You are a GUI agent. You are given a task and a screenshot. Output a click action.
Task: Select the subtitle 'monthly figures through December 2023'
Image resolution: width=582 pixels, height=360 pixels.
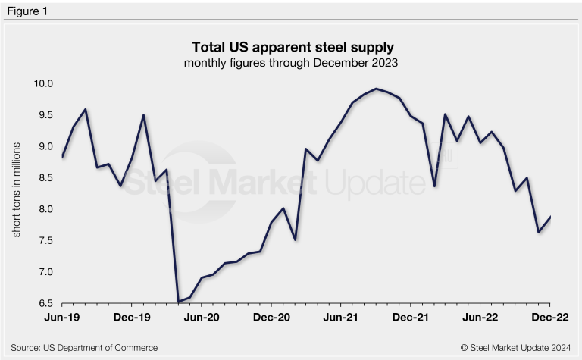291,63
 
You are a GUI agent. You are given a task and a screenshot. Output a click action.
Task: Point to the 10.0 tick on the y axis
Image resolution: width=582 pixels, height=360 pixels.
42,83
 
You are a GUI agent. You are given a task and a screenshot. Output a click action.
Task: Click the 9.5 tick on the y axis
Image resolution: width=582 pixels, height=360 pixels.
43,115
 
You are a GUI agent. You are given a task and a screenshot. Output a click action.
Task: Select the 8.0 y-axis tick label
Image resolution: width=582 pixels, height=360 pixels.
43,209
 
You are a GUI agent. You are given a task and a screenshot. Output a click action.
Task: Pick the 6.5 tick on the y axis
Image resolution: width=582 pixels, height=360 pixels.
43,303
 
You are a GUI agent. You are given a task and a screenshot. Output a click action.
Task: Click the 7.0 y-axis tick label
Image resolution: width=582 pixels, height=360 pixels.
43,272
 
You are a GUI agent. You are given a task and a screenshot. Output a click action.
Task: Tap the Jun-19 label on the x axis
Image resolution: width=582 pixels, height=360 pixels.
63,318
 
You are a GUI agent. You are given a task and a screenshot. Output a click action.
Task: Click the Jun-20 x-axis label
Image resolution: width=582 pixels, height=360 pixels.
202,318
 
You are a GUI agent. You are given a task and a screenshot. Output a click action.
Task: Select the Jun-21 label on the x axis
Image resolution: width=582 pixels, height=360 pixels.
342,318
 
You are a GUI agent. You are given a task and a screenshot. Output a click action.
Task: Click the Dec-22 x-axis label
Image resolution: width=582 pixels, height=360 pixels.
551,318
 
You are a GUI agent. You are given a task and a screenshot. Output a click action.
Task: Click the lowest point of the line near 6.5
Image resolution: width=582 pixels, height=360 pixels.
178,302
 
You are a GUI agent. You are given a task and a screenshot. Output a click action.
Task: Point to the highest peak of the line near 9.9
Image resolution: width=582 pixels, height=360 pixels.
377,89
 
